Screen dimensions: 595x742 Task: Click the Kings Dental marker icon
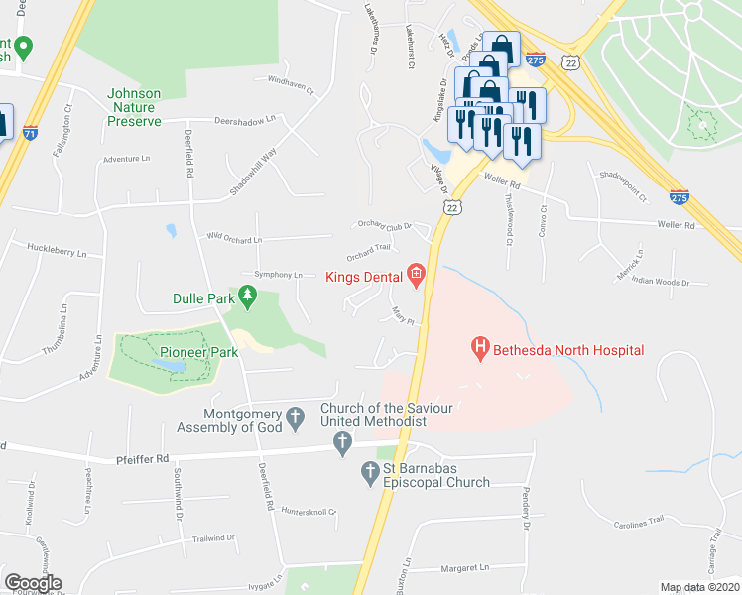coord(417,276)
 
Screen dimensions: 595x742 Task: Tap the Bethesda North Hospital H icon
coord(480,349)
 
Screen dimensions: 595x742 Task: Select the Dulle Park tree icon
coord(247,295)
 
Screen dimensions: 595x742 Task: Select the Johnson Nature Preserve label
coord(134,108)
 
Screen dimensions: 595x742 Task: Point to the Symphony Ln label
coord(279,275)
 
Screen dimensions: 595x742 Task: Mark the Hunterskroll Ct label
coord(309,512)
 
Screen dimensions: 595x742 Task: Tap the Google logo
coord(33,583)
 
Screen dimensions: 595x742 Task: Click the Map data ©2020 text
coord(699,587)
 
